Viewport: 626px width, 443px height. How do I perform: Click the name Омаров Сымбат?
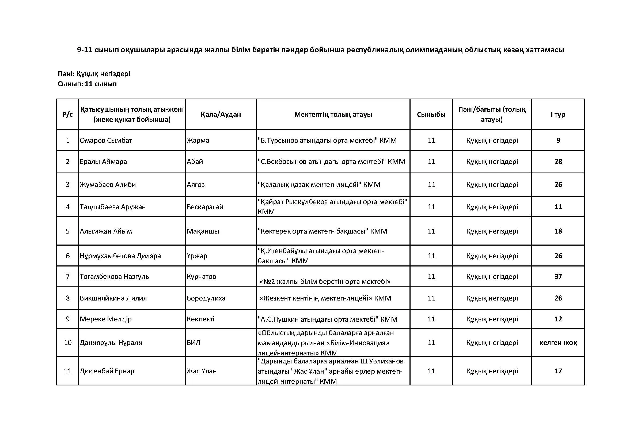click(x=106, y=141)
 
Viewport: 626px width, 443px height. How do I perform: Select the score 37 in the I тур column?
click(x=558, y=276)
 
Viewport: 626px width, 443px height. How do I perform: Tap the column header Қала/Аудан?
click(x=221, y=114)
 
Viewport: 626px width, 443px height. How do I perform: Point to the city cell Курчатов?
click(x=201, y=276)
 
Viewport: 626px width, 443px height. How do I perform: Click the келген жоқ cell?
click(x=558, y=343)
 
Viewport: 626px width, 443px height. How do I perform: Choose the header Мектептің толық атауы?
click(x=333, y=114)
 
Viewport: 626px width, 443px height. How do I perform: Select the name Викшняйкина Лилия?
click(x=113, y=298)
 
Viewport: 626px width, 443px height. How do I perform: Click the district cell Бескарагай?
click(x=205, y=207)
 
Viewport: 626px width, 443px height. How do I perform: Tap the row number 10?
click(x=68, y=343)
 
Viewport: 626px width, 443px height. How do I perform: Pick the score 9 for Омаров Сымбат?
click(x=558, y=141)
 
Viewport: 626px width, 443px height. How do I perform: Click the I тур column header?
click(x=558, y=114)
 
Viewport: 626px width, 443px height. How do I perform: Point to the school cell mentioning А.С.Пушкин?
click(x=327, y=319)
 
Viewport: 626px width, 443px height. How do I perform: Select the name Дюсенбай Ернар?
click(x=107, y=371)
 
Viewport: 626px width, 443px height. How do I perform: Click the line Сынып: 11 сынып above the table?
click(x=87, y=84)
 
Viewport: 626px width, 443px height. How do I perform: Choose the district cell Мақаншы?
click(x=203, y=231)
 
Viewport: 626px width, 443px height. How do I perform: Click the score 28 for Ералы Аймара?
click(x=558, y=162)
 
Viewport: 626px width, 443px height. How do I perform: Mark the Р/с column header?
click(x=67, y=114)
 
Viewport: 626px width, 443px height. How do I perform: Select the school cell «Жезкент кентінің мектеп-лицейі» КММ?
click(x=325, y=298)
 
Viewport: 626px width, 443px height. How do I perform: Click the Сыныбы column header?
click(x=431, y=114)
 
